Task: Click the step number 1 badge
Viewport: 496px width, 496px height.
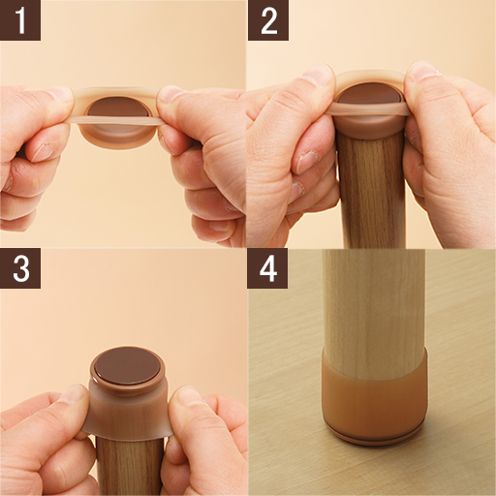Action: [x=20, y=20]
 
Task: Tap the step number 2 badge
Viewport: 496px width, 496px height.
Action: [x=268, y=20]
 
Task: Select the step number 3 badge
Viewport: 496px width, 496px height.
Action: [x=20, y=268]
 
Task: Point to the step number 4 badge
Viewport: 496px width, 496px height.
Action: [x=267, y=268]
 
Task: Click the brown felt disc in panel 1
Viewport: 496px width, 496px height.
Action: [x=119, y=108]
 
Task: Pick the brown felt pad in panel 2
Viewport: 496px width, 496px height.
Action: [x=368, y=93]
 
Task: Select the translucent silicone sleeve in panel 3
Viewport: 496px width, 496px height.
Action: [x=127, y=409]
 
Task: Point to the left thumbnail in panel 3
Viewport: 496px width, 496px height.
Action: [x=74, y=394]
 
